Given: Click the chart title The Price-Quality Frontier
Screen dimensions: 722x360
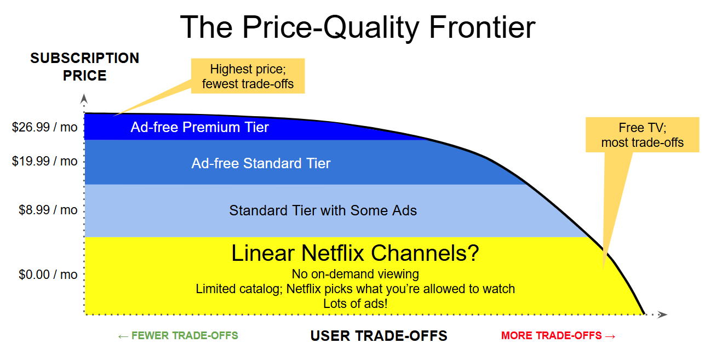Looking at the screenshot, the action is [x=358, y=28].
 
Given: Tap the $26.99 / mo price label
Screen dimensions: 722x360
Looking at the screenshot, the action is [x=44, y=127].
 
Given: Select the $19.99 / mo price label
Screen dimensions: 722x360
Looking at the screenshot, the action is [x=44, y=161].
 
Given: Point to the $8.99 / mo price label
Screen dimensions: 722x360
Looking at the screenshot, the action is [x=48, y=210].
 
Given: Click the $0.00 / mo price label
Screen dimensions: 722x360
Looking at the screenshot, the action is [x=48, y=275].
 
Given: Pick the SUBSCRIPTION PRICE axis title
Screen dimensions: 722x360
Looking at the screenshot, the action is [x=84, y=67].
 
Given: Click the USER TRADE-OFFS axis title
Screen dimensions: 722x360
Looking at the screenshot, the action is [x=379, y=336].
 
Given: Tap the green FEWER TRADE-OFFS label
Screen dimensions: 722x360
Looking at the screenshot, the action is [x=178, y=335].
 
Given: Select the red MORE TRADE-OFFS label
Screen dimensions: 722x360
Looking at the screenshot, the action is [x=558, y=335].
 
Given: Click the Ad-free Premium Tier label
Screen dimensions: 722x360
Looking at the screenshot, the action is [x=199, y=127].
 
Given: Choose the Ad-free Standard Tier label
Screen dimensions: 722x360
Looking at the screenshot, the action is [x=261, y=163].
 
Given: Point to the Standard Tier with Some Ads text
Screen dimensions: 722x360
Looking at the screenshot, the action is [x=323, y=210].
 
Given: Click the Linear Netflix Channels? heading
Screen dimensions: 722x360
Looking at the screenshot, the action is [x=355, y=253].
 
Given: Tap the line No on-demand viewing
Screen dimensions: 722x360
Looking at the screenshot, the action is [x=355, y=274].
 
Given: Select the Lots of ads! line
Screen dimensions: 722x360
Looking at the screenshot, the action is [x=355, y=304].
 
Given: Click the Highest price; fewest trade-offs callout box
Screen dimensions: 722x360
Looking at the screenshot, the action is [x=248, y=76].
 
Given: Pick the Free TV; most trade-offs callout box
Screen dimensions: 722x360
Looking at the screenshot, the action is [x=643, y=135].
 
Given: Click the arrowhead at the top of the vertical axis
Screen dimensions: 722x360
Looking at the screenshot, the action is [x=84, y=99].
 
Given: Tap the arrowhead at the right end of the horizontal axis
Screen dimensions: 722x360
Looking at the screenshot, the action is [x=662, y=315].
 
